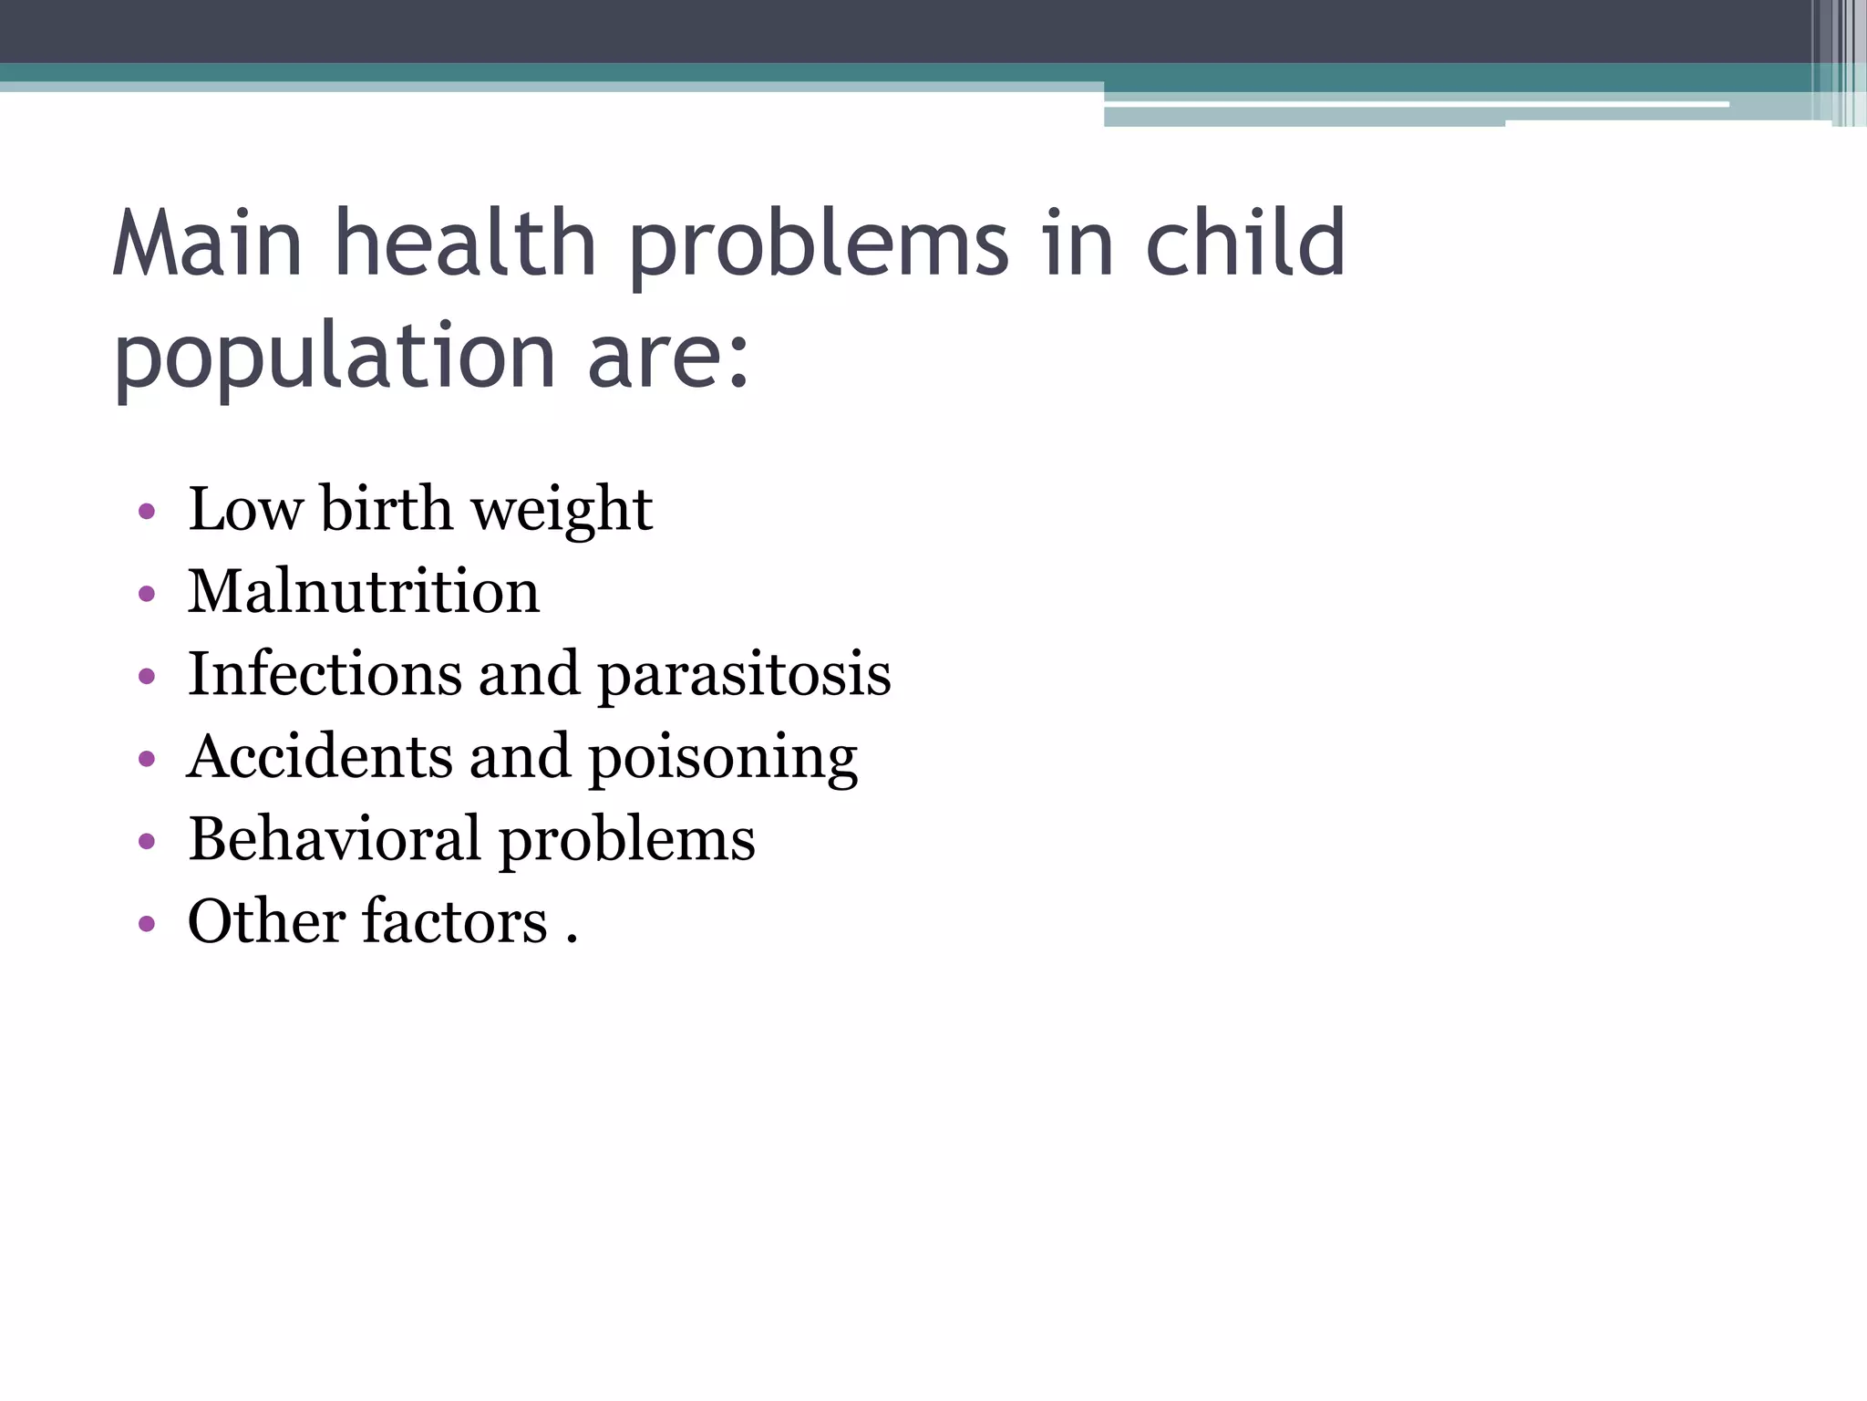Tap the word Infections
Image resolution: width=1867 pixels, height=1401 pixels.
point(325,674)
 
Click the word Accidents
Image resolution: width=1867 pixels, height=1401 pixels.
point(320,756)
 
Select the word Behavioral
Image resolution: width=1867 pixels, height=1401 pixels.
point(335,838)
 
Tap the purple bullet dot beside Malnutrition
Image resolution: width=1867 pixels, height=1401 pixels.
point(147,595)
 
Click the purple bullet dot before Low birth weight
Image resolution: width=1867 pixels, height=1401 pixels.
point(147,512)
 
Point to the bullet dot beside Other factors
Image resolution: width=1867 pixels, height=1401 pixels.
point(147,924)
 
